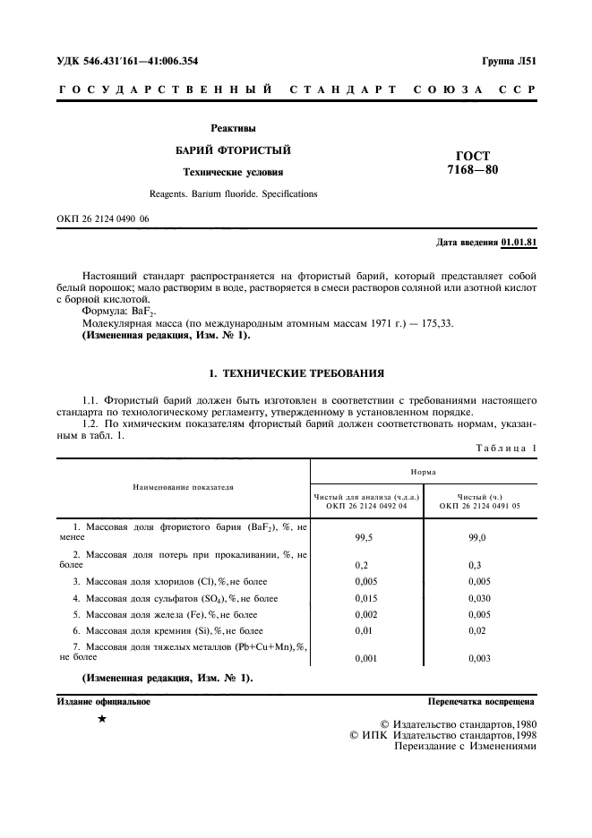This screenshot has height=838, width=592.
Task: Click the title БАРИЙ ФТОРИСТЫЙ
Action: pyautogui.click(x=232, y=150)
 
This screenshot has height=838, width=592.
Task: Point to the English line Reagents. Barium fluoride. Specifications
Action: pyautogui.click(x=232, y=193)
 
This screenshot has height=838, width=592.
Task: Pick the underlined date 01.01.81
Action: pyautogui.click(x=519, y=243)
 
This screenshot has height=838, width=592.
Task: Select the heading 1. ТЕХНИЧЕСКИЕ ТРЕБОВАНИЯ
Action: pyautogui.click(x=296, y=370)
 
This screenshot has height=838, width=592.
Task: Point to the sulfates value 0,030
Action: pyautogui.click(x=479, y=598)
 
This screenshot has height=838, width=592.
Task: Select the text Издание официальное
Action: pyautogui.click(x=105, y=703)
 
